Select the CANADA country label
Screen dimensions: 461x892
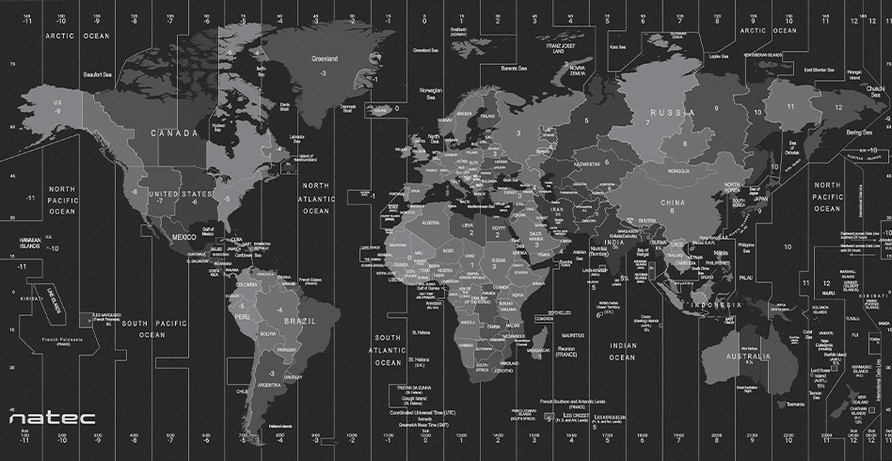[x=174, y=134]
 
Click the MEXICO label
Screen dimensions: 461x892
[x=183, y=237]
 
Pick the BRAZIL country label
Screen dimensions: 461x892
[x=299, y=321]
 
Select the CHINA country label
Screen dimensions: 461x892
[x=672, y=202]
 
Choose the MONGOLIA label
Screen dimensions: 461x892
[x=677, y=172]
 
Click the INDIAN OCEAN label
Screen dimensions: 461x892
[x=622, y=352]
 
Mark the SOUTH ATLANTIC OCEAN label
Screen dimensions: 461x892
[x=388, y=350]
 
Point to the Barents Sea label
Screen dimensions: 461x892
[x=514, y=68]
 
